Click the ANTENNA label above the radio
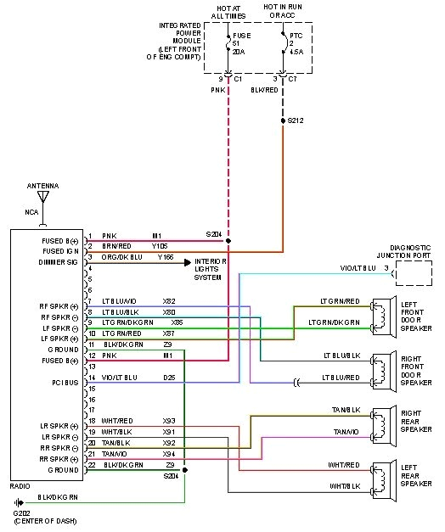42,185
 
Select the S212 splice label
295,120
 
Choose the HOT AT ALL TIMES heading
228,12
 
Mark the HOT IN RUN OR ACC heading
284,12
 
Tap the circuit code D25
169,377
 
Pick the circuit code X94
169,454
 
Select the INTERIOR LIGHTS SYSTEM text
215,269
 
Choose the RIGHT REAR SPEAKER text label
416,423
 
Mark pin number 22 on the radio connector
91,465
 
